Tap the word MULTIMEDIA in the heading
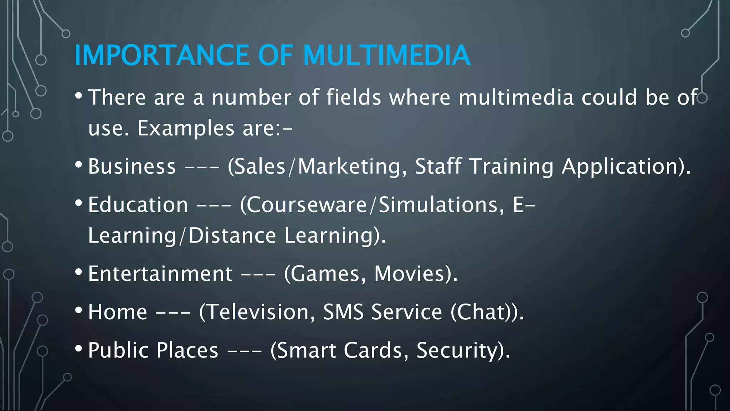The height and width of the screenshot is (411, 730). pos(387,55)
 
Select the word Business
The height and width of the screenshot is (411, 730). pos(132,167)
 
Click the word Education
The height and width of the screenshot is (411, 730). pos(138,205)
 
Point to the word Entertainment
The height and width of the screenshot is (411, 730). pos(160,274)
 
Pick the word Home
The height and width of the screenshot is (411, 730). pos(118,312)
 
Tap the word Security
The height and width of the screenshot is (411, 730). pos(462,350)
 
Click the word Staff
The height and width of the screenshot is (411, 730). pos(438,167)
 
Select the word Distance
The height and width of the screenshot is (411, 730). pos(232,236)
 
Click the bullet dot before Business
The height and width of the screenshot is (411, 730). pos(79,165)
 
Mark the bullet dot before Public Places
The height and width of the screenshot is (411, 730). pos(79,349)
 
